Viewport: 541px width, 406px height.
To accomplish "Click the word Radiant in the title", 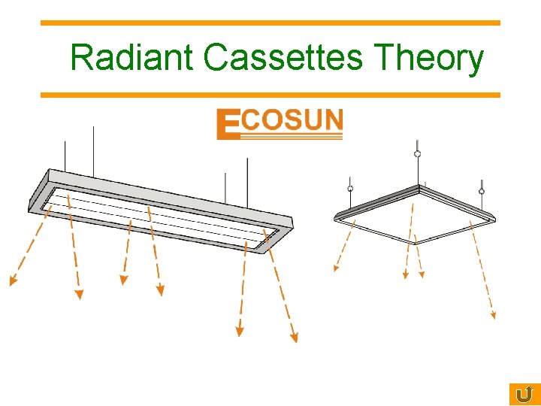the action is tap(131, 58).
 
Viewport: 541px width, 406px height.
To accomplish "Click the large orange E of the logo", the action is tap(227, 125).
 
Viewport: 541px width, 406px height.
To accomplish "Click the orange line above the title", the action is tap(270, 23).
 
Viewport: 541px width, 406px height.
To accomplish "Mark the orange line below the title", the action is tap(270, 95).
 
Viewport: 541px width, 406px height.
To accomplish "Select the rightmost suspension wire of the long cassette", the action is tap(247, 180).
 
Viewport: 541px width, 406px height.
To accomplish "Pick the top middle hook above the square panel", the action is tap(418, 153).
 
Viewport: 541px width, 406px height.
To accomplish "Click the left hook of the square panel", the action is tap(349, 187).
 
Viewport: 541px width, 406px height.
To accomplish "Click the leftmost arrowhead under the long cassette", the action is tap(13, 282).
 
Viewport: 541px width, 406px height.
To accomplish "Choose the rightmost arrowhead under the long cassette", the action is tap(295, 338).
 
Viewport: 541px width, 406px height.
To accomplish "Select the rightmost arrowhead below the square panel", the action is tap(493, 316).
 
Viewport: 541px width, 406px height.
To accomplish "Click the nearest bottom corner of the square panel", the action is tap(416, 243).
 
